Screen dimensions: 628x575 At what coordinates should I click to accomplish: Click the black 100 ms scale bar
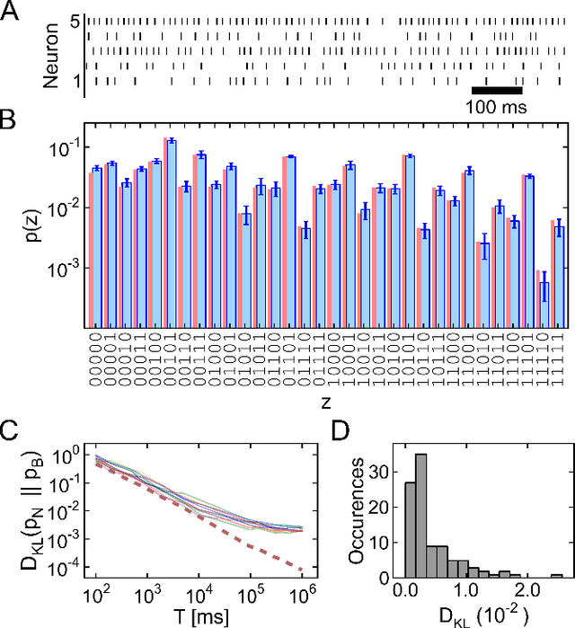pyautogui.click(x=497, y=90)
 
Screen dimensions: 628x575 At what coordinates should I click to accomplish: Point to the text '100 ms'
pyautogui.click(x=497, y=107)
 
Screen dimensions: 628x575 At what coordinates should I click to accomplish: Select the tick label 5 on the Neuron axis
pyautogui.click(x=77, y=21)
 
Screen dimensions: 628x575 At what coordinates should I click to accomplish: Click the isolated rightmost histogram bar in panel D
pyautogui.click(x=557, y=576)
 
